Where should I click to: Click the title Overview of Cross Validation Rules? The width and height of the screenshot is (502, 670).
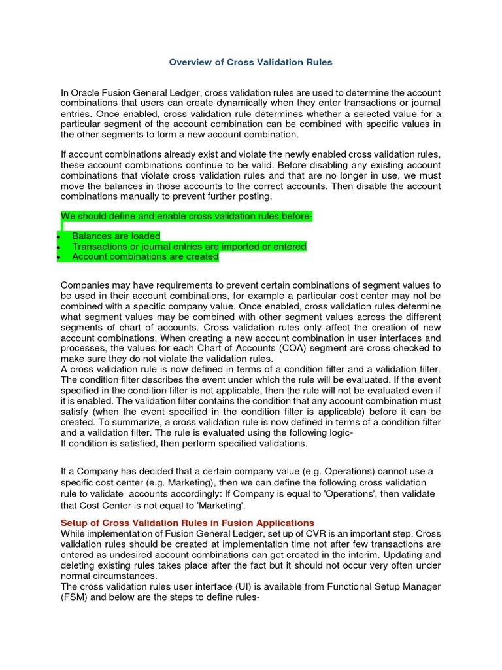[250, 62]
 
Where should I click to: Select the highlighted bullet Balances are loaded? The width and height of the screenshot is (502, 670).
[116, 236]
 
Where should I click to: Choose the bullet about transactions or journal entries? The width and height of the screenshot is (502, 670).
[188, 247]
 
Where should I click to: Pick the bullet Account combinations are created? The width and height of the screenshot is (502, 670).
[144, 257]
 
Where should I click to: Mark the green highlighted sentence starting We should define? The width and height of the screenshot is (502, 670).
[186, 217]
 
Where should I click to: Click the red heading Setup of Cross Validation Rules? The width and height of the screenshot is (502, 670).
[187, 523]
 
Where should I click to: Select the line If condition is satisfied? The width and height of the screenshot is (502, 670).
[183, 444]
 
